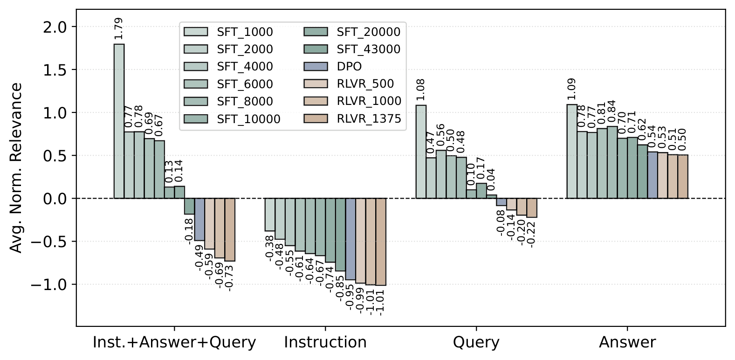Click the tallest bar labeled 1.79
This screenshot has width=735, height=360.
(x=119, y=121)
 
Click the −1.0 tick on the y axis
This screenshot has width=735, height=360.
(x=52, y=284)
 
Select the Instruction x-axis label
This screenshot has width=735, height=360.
(x=325, y=343)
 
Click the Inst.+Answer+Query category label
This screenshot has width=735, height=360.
(x=175, y=343)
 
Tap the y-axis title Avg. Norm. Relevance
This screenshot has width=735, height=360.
(x=16, y=168)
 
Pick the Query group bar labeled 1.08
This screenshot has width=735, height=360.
(x=420, y=152)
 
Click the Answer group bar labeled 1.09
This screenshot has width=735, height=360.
(x=571, y=152)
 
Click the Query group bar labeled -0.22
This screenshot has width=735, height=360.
(x=531, y=208)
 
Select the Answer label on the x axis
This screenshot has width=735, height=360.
(x=627, y=343)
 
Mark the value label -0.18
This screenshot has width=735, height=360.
(x=189, y=229)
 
